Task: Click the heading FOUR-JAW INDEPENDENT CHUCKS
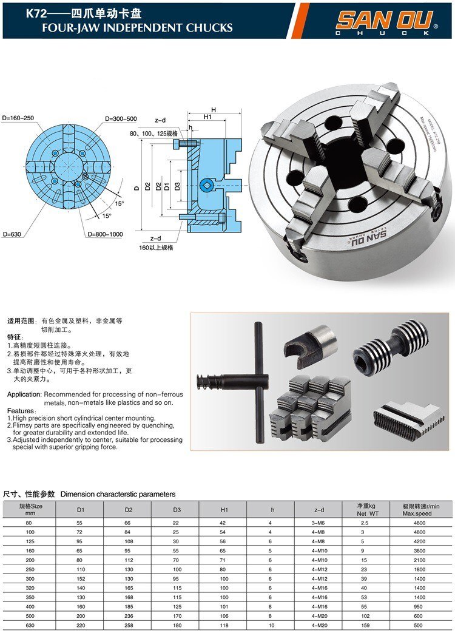(x=129, y=28)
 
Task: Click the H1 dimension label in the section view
(x=207, y=117)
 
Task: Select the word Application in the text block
(x=24, y=394)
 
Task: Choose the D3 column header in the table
(x=176, y=510)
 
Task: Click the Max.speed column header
(x=420, y=513)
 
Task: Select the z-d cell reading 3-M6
(x=319, y=523)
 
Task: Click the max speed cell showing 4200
(x=420, y=542)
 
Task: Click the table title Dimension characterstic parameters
(x=118, y=494)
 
